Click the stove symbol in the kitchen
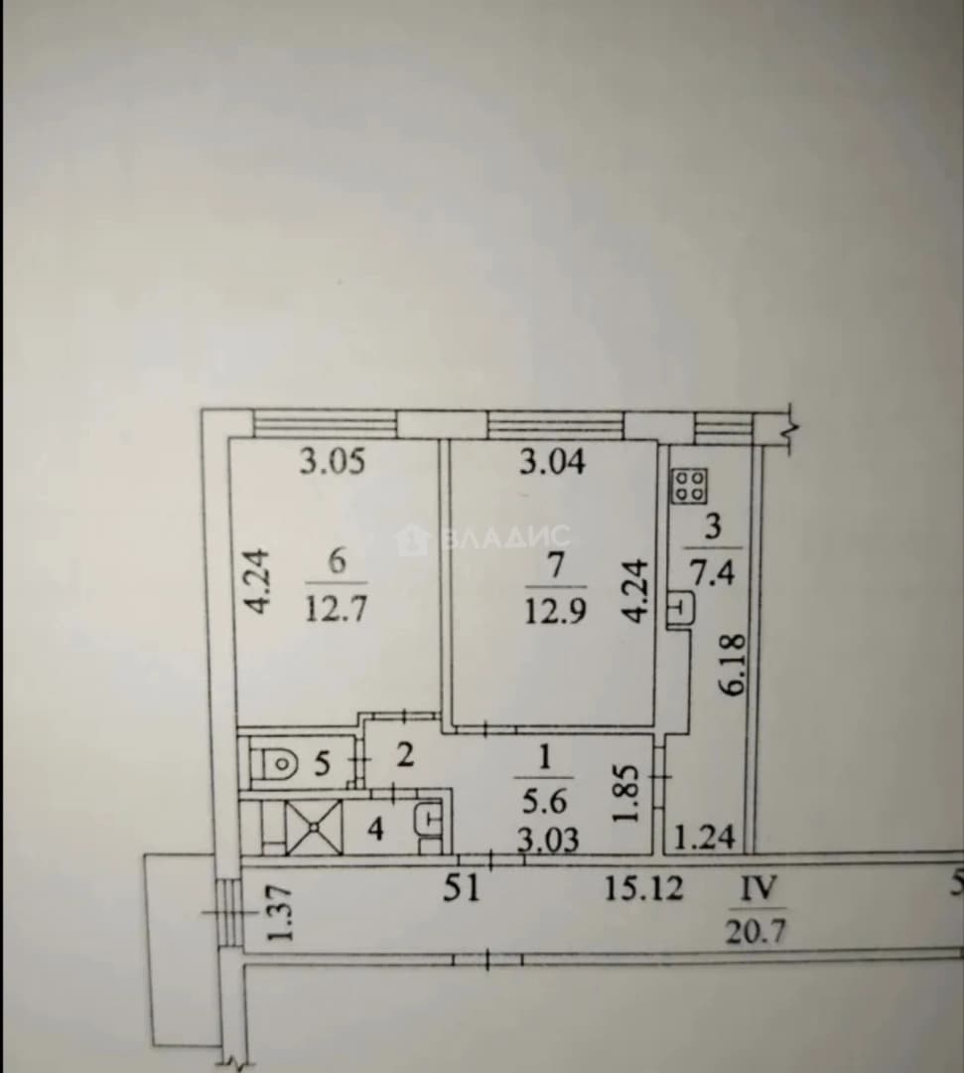(689, 487)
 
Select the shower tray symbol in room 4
(314, 827)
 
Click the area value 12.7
(336, 607)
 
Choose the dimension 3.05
(333, 462)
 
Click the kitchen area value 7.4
(713, 572)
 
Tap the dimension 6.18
(733, 666)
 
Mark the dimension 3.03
(548, 839)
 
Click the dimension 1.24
(705, 837)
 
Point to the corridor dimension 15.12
(643, 889)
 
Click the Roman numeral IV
(759, 889)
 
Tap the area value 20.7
(756, 931)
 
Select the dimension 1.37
(280, 914)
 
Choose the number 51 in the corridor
(462, 890)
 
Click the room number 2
(405, 755)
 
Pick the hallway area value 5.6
(544, 800)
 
